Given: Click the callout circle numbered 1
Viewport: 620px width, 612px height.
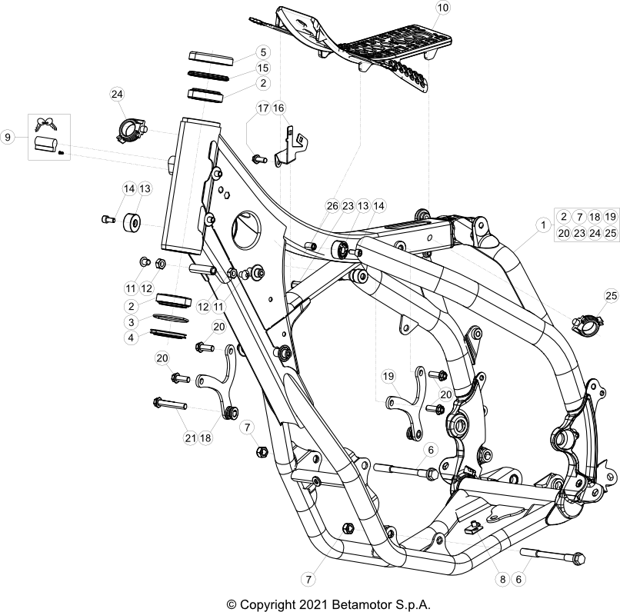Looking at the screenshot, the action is tap(543, 225).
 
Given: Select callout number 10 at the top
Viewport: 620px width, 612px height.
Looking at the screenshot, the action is tap(443, 8).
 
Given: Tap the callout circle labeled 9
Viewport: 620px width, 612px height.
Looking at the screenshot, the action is tap(8, 138).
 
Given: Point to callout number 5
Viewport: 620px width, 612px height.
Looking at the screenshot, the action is tap(263, 52).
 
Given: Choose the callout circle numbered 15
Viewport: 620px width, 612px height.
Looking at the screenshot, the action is tap(263, 68).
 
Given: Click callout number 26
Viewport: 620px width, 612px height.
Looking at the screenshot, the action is tap(332, 206).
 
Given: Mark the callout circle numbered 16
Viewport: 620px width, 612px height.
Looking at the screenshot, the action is tap(278, 108).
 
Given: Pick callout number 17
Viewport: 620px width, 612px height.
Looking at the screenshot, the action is tap(263, 108).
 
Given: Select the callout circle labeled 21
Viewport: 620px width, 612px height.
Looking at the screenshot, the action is tap(191, 437).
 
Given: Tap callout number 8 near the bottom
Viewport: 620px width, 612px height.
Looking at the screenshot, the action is tap(502, 579).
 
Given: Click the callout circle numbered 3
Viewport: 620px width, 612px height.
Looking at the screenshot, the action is tap(132, 322).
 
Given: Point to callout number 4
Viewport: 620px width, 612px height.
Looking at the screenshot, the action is tap(132, 338).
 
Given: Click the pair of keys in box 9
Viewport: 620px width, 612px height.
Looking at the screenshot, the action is tap(47, 124).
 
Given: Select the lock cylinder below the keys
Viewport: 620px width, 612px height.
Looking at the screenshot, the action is tap(46, 144).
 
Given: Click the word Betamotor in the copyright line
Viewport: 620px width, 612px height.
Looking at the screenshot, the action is tap(360, 604).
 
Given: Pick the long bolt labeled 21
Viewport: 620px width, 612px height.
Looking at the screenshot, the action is tap(170, 404).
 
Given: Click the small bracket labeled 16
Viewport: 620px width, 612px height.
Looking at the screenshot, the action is tap(292, 146).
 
